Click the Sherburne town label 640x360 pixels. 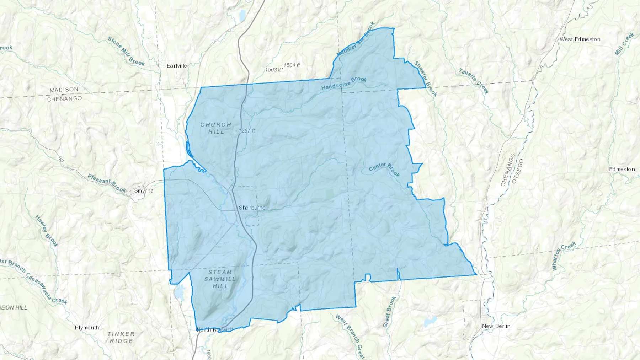point(252,208)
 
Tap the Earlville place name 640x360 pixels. point(177,66)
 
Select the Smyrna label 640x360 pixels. point(144,191)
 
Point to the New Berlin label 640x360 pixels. point(496,326)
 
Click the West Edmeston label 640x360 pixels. point(580,39)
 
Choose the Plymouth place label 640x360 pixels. point(87,327)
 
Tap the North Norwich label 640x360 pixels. point(215,329)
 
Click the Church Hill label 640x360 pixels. point(216,128)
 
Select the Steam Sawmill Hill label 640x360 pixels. point(220,279)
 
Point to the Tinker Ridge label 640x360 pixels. point(121,337)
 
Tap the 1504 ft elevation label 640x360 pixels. point(292,65)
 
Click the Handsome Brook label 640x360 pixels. point(344,84)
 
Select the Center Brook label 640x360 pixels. point(384,170)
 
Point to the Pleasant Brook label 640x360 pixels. point(107,183)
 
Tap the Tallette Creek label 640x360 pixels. point(474,81)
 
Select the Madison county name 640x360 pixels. point(64,90)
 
